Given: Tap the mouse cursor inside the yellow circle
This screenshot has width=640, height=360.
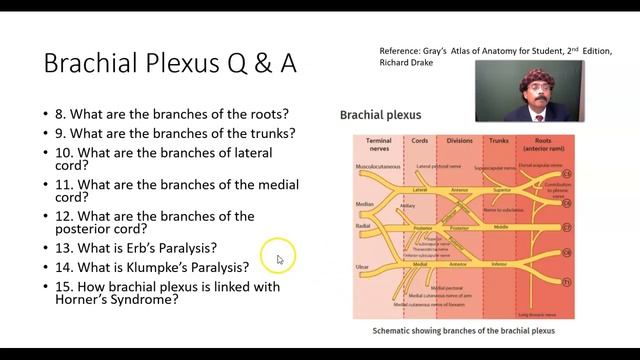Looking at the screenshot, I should (280, 259).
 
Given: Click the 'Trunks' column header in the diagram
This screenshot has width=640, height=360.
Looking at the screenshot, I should (498, 143).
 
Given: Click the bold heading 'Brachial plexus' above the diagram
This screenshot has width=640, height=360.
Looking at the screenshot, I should (381, 115).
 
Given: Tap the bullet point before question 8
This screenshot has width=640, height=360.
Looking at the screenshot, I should (46, 114).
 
